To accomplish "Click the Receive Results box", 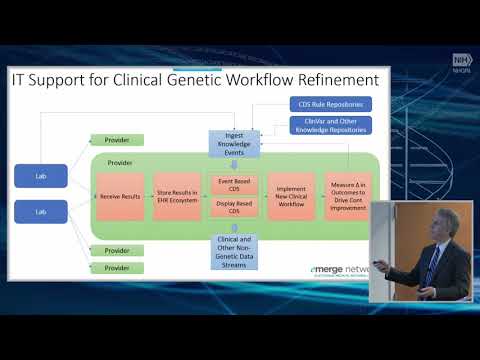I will [119, 196].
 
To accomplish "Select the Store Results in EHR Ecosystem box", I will [178, 196].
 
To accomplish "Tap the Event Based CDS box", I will [235, 184].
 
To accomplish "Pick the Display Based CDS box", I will [235, 208].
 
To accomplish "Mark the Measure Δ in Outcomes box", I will [349, 195].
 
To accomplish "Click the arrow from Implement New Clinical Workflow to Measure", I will [319, 196].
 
